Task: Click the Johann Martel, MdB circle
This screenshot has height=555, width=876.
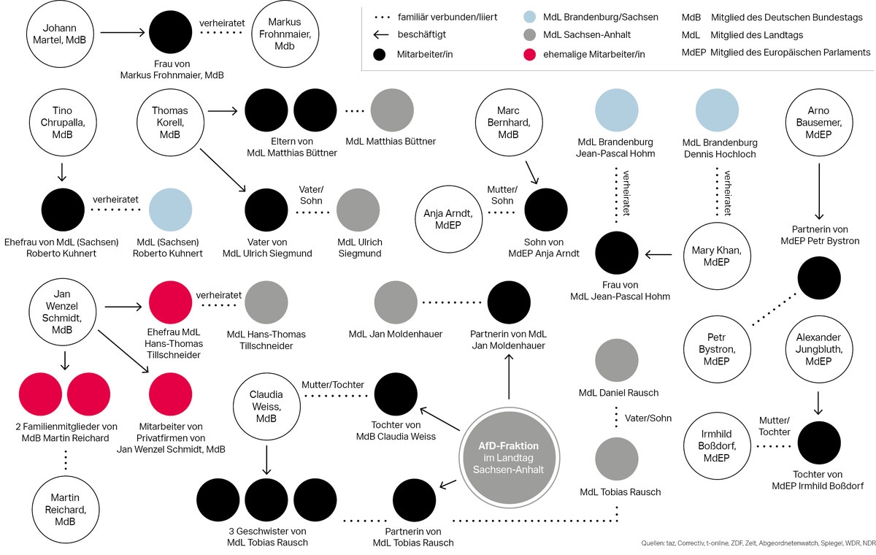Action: click(x=55, y=33)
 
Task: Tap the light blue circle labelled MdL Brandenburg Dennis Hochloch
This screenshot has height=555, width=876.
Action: click(x=719, y=110)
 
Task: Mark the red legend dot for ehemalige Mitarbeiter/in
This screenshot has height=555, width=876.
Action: click(x=531, y=54)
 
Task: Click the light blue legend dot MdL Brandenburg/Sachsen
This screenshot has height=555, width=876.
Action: click(x=531, y=17)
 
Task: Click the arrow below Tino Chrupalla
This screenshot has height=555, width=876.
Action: click(x=62, y=172)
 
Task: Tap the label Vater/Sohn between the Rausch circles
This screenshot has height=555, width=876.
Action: click(x=648, y=418)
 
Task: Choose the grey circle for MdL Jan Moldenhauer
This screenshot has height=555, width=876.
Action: click(x=396, y=302)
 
